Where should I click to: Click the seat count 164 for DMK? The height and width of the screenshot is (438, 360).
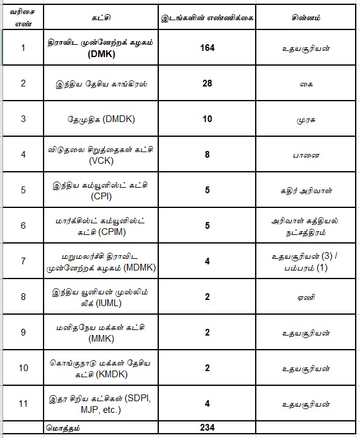pos(207,47)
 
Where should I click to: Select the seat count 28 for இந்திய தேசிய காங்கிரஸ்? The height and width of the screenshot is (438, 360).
pos(207,83)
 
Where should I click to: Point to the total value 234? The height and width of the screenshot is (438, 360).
pos(207,427)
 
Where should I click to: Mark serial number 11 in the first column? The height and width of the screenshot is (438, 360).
pos(23,404)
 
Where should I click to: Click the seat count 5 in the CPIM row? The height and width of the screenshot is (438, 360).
pos(207,226)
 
